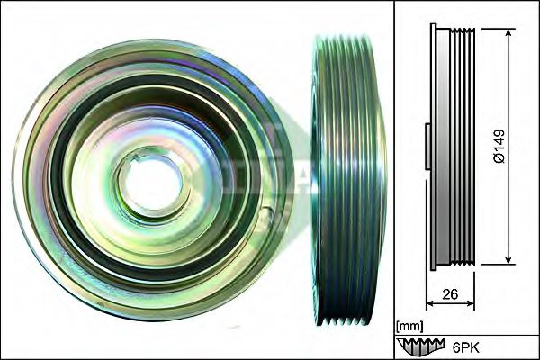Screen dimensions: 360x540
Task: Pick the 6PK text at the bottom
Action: tap(464, 345)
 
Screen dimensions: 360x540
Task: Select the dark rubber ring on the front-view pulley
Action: tap(67, 180)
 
